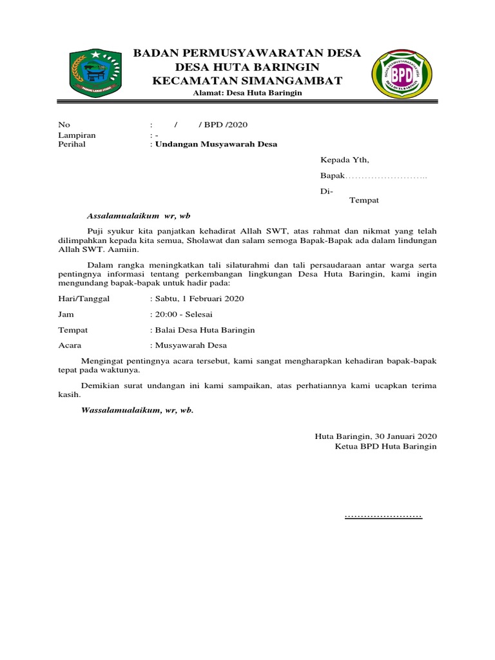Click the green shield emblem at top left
coord(93,70)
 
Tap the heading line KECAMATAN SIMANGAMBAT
coord(247,81)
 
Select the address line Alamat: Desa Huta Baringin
coord(247,93)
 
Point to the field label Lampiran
coord(77,135)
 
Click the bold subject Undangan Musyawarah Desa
coord(215,144)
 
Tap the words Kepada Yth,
coord(345,160)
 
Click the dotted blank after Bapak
coord(387,177)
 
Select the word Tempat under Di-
coord(364,200)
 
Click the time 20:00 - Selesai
coord(182,314)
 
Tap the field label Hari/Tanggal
coord(84,298)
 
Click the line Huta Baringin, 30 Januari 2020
coord(376,436)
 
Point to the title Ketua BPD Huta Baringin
coord(385,446)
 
